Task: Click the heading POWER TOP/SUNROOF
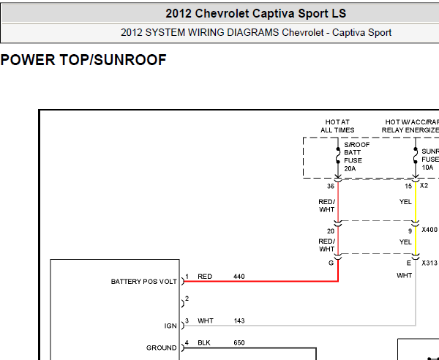point(83,60)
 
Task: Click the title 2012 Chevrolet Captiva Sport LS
point(255,13)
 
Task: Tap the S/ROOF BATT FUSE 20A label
point(357,157)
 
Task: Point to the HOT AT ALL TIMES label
point(337,126)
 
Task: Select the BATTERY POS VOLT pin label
point(144,281)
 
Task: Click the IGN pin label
point(170,326)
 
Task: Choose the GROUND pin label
point(162,348)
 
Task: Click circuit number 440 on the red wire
point(239,277)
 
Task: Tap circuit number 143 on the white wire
point(239,320)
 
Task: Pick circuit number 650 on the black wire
point(239,342)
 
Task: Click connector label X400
point(429,230)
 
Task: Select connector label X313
point(429,263)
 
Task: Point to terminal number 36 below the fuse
point(331,186)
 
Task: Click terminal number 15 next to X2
point(408,186)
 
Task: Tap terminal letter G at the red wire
point(331,263)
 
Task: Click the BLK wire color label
point(204,342)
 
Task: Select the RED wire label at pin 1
point(205,277)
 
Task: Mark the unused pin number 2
point(187,299)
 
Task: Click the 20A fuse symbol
point(338,156)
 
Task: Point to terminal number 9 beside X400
point(410,231)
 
